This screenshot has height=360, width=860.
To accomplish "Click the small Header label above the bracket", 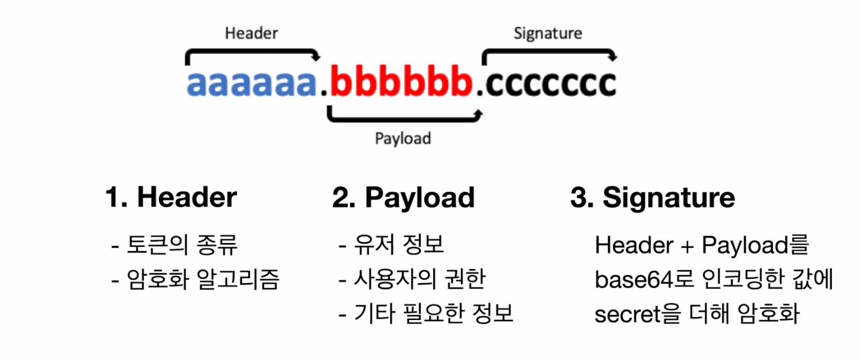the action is click(x=251, y=33).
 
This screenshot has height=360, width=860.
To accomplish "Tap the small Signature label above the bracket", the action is click(x=548, y=34).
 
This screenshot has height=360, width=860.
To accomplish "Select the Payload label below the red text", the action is click(x=403, y=139).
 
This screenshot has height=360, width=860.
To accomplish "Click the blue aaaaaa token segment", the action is click(x=251, y=83).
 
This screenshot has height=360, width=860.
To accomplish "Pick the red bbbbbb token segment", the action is click(x=401, y=82).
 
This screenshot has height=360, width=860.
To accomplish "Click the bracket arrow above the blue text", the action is click(x=252, y=52).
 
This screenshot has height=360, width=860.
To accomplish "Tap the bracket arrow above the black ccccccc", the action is click(x=549, y=52).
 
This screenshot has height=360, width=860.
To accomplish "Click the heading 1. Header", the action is click(x=171, y=197).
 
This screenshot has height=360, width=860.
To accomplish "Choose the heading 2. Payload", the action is click(x=403, y=198).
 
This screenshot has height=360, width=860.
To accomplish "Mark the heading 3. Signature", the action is click(x=653, y=198).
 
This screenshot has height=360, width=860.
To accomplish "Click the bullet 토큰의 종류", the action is click(x=182, y=245).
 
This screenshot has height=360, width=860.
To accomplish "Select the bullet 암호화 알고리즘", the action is click(x=203, y=279).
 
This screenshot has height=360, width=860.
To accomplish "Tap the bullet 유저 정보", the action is click(x=399, y=245).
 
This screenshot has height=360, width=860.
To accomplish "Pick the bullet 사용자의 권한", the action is click(x=420, y=279).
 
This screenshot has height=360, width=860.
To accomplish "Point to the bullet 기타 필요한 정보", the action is click(x=433, y=313).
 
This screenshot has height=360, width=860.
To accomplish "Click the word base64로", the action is click(x=644, y=280).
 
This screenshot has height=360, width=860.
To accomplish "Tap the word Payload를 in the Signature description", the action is click(x=755, y=245).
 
